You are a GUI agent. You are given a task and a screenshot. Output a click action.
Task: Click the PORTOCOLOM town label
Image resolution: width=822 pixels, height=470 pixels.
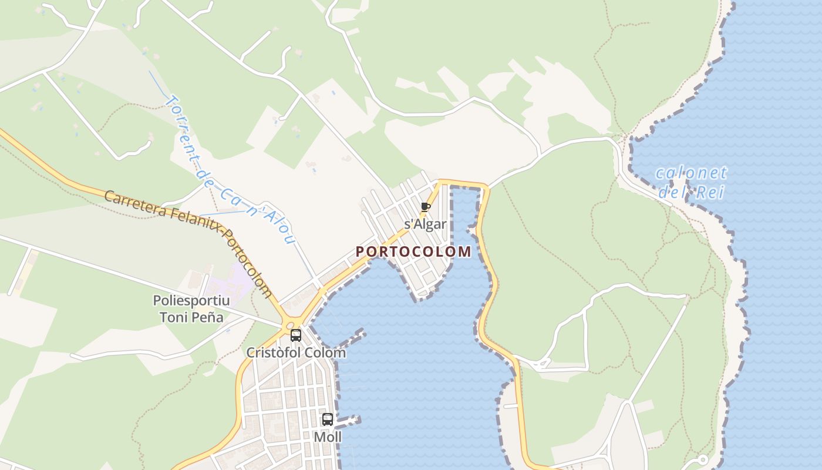pos(413,252)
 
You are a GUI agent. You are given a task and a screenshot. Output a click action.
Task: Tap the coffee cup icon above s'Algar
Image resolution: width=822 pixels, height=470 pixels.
pos(426,207)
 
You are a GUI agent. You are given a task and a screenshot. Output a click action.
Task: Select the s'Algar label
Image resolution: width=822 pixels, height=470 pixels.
pos(426,224)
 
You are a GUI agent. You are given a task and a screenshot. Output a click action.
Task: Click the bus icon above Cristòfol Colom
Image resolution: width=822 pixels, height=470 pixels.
pos(296,335)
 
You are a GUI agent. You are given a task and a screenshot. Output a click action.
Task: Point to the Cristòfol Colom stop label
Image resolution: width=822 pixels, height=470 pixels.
pos(296,353)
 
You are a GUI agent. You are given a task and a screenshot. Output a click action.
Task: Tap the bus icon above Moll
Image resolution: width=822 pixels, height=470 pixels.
pos(328,419)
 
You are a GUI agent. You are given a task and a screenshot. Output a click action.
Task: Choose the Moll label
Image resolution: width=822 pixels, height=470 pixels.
pos(328,437)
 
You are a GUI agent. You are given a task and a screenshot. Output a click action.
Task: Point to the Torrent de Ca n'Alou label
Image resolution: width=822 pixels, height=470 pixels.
pos(229,170)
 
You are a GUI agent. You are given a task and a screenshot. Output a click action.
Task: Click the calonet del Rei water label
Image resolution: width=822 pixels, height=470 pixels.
pos(691,182)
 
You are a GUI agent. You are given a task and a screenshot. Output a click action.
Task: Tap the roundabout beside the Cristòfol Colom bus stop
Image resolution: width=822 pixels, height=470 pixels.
pos(289,325)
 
